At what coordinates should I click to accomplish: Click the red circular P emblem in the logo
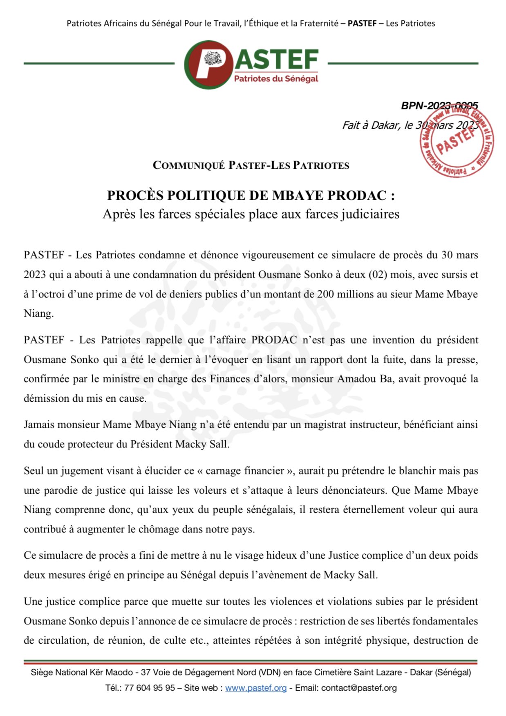(x=208, y=64)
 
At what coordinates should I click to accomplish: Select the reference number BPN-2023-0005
(x=439, y=105)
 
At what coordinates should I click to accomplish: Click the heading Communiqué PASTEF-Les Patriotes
(x=251, y=166)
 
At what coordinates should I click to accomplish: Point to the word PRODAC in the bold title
(x=357, y=195)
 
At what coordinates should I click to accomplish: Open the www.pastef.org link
(x=256, y=688)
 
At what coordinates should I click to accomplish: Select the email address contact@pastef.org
(x=359, y=688)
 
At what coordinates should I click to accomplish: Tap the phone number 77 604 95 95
(x=150, y=688)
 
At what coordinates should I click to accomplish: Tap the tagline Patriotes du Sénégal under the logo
(x=276, y=78)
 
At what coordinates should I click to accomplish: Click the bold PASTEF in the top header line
(x=362, y=23)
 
